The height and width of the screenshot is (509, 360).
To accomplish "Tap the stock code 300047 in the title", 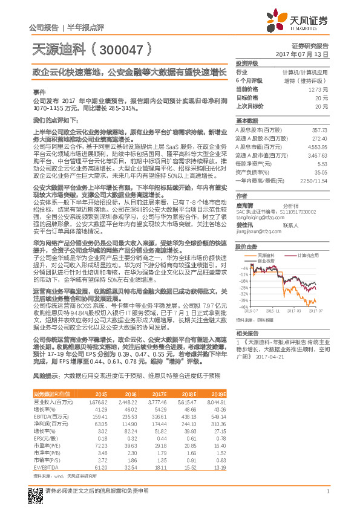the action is click(x=119, y=47).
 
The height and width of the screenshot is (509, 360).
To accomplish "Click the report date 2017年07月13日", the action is click(x=306, y=54).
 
